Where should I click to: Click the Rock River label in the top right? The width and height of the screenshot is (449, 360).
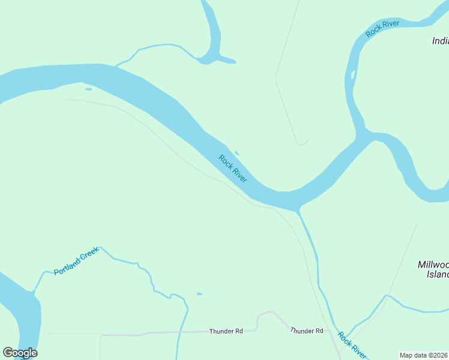point(382,29)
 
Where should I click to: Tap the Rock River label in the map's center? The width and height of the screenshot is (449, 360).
point(233,169)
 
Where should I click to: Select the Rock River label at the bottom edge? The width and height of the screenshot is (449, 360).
point(352,344)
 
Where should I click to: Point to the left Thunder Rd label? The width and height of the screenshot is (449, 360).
point(226,331)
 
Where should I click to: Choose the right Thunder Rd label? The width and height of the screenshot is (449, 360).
point(307,331)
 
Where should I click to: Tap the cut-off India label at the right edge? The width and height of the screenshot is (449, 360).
point(440,41)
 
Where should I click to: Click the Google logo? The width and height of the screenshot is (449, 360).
point(20,353)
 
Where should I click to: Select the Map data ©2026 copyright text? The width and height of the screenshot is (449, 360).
point(424,355)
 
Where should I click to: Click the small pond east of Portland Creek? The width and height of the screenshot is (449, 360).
point(199,294)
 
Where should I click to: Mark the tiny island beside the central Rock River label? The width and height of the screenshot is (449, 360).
point(237,153)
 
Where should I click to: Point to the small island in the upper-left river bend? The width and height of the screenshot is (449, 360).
point(89,89)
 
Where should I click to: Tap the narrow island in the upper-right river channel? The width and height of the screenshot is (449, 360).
point(353,76)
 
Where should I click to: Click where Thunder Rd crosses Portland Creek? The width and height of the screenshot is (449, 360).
point(179,332)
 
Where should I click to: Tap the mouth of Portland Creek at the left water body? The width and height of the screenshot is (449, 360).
point(35,292)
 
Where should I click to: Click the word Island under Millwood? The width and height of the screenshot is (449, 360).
point(437,274)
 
